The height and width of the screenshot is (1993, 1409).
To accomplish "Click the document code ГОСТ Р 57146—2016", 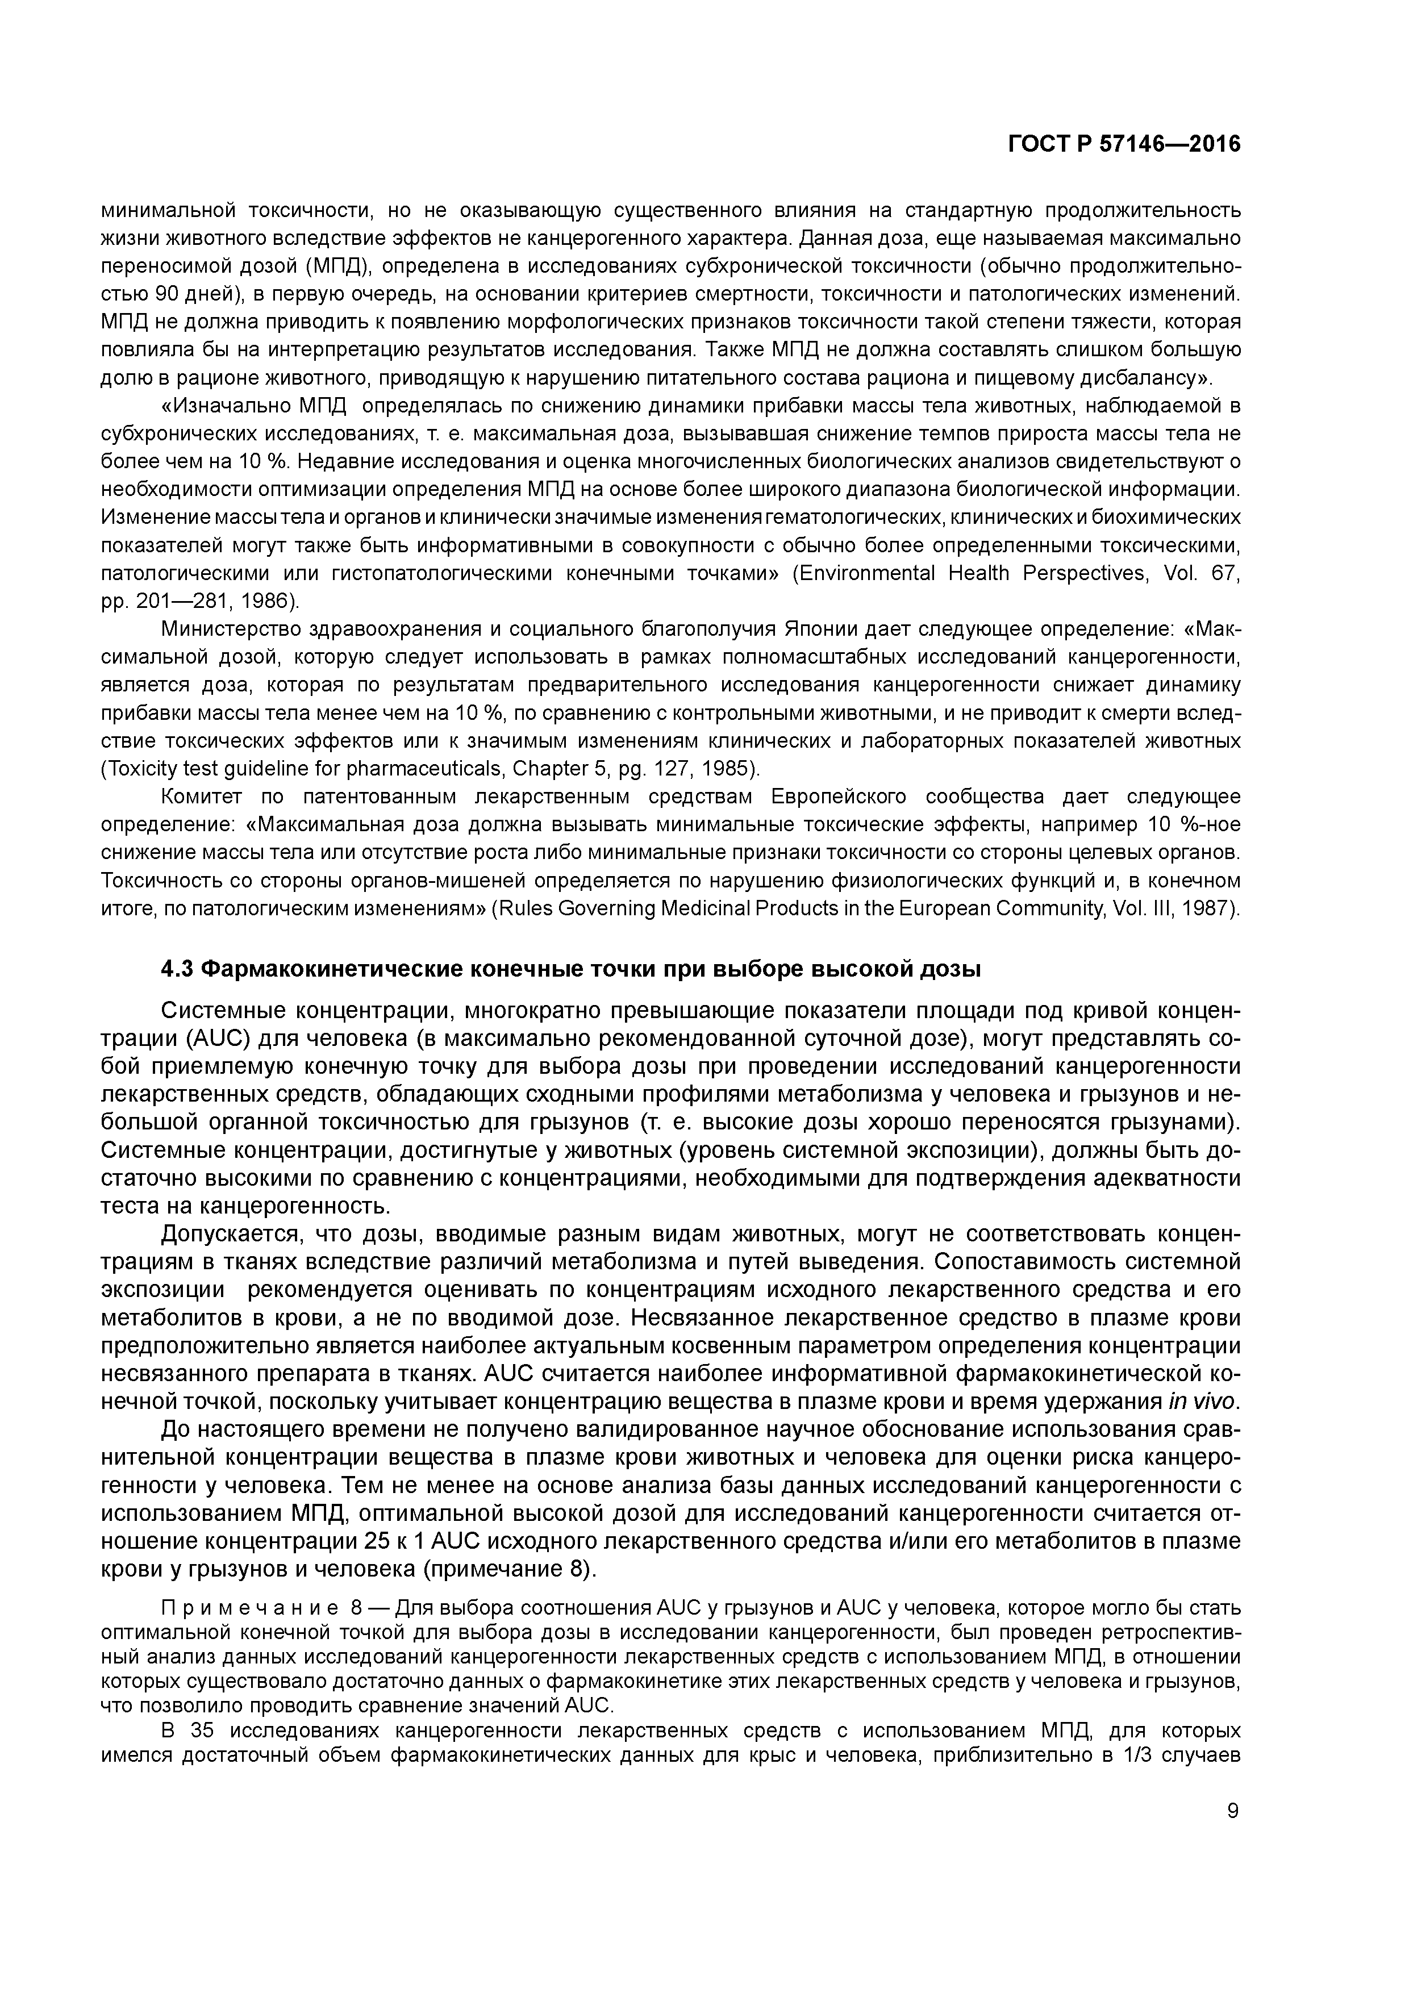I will [x=1124, y=145].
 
